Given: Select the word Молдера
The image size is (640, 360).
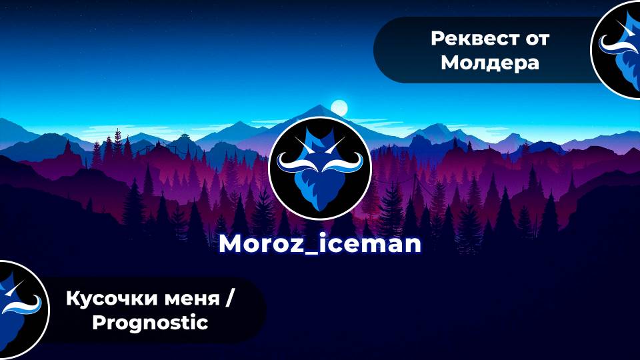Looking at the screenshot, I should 489,63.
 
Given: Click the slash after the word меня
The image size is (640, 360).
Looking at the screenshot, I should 230,299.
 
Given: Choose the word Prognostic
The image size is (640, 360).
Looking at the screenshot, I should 150,323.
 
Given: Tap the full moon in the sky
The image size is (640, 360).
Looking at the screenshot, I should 339,107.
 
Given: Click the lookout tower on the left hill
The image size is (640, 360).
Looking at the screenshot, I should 183,139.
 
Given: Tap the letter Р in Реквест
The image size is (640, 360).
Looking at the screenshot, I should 437,39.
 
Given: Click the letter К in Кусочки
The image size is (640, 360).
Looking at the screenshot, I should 72,299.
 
